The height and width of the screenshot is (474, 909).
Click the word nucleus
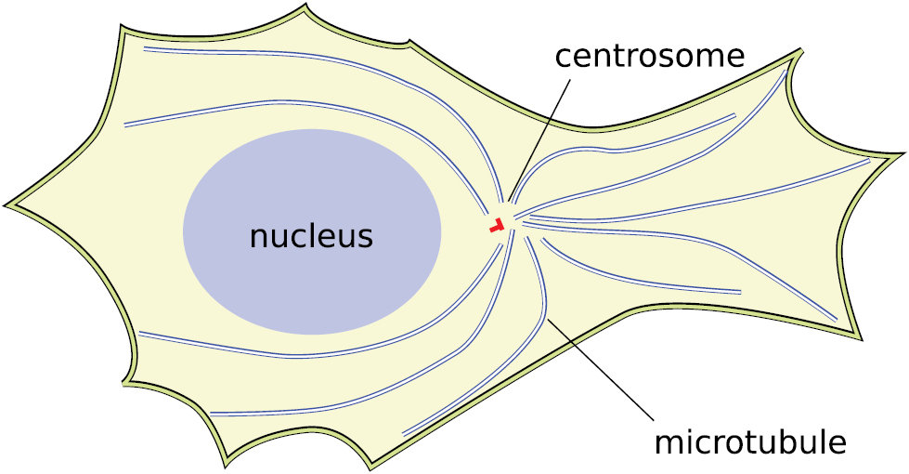tap(311, 236)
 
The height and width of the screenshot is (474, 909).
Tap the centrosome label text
tap(649, 56)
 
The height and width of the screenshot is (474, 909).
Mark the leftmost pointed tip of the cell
tap(6, 203)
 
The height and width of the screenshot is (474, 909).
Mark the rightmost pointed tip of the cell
tap(902, 153)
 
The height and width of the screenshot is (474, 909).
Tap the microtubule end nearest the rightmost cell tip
tap(868, 160)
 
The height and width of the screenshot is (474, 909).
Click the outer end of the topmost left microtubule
tap(145, 48)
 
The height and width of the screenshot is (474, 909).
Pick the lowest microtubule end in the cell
tap(404, 433)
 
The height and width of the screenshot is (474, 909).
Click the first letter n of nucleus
tap(258, 237)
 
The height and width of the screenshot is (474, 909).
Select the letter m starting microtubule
tap(668, 442)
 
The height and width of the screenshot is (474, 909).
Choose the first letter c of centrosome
tap(563, 57)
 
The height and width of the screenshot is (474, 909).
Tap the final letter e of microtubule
tap(837, 442)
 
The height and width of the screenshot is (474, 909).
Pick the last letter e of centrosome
tap(735, 57)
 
